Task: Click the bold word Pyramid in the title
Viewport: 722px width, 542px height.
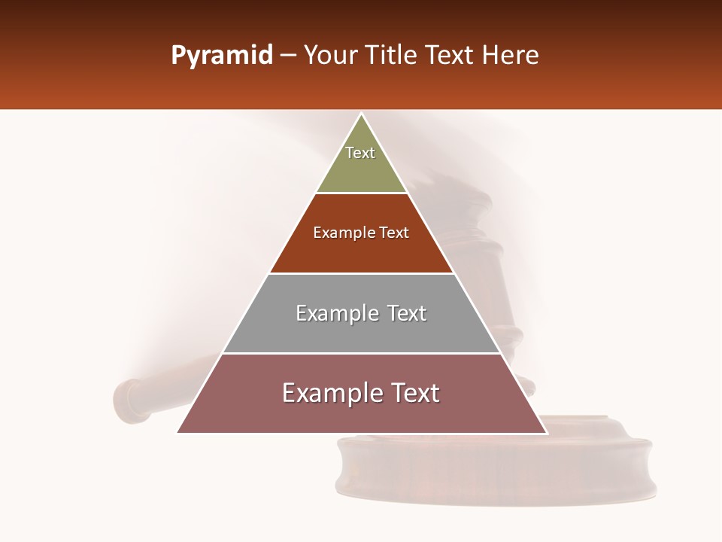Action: (x=222, y=56)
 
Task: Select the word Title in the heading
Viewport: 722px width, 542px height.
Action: (x=394, y=56)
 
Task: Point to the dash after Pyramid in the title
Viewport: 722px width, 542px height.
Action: (x=288, y=56)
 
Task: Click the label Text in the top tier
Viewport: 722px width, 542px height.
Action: (x=360, y=153)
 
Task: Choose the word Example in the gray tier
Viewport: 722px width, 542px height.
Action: (x=337, y=313)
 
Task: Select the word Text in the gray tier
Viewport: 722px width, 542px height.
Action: (x=407, y=313)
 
